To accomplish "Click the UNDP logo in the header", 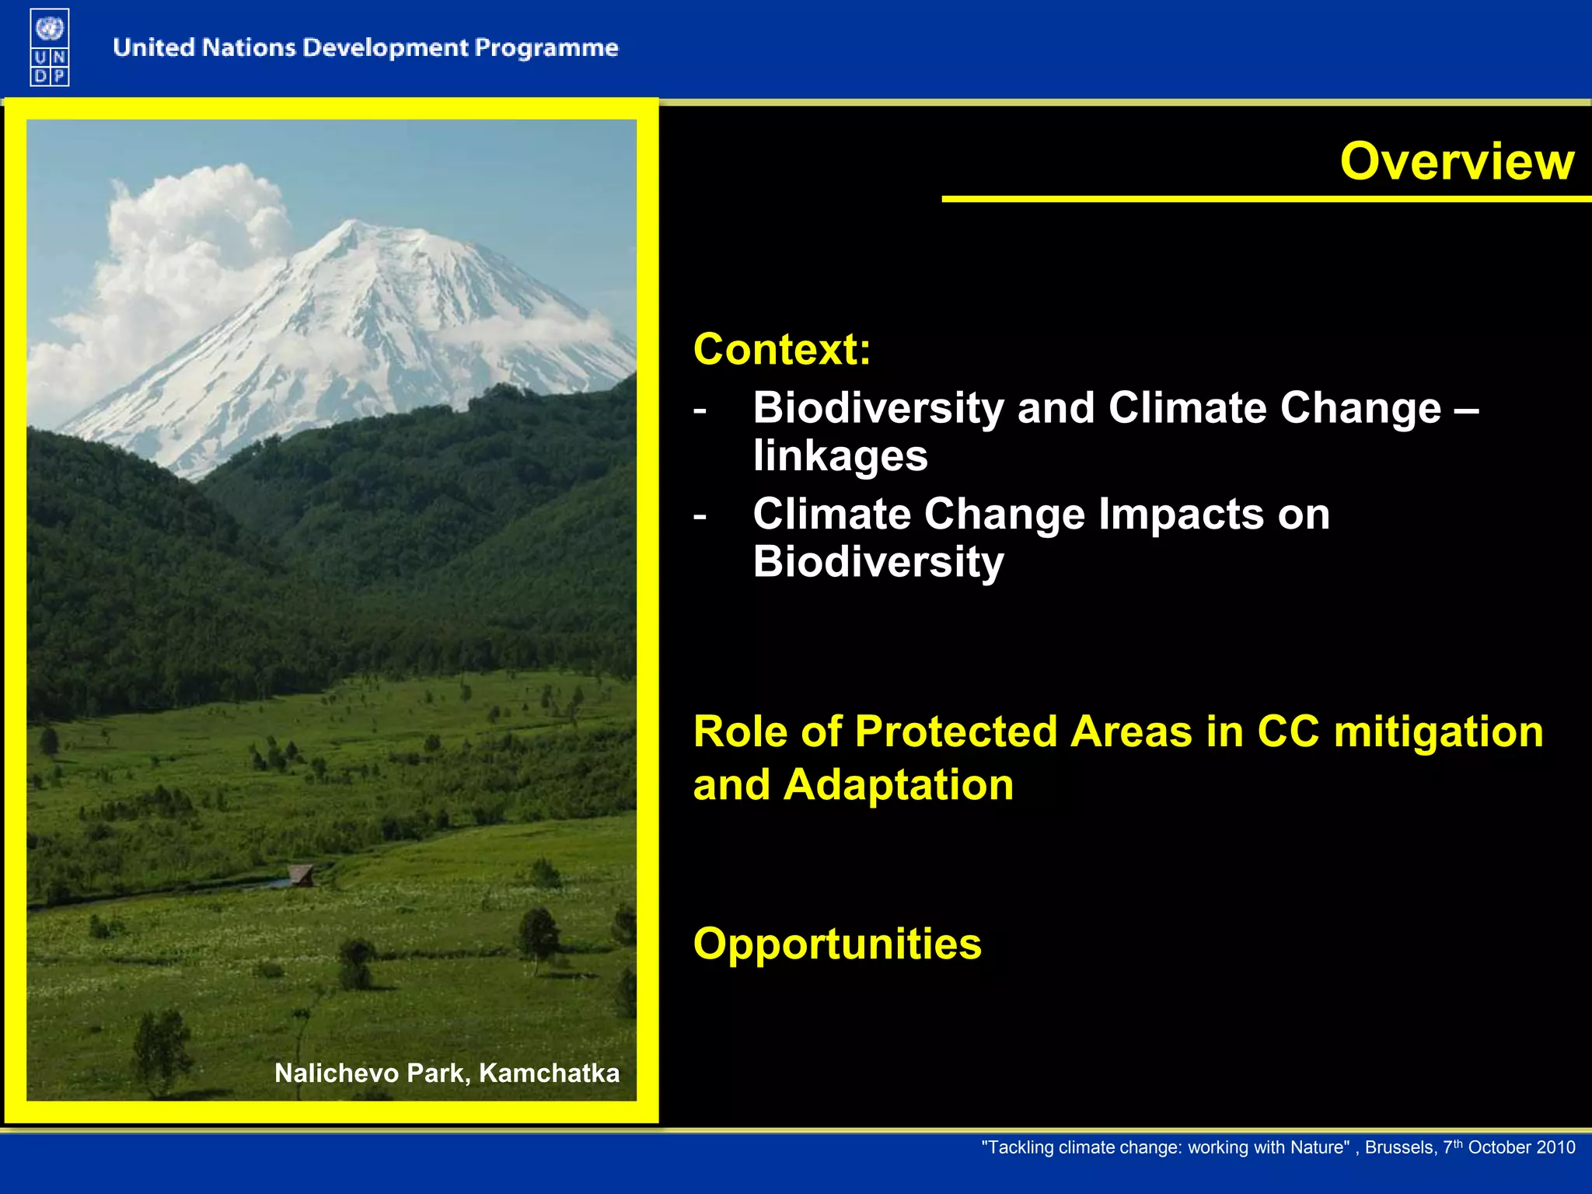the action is [x=50, y=47].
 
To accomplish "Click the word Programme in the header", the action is [x=546, y=49].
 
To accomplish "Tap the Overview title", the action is [x=1458, y=161].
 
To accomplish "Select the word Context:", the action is [x=782, y=349].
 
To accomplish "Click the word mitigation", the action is [x=1438, y=731].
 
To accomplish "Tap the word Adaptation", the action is [x=899, y=785].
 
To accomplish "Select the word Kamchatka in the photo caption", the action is [x=550, y=1074].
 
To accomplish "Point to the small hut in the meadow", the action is [x=301, y=875].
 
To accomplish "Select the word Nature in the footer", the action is [x=1320, y=1148].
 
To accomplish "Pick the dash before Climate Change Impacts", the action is [x=700, y=517].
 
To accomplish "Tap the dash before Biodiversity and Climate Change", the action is [x=700, y=410].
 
